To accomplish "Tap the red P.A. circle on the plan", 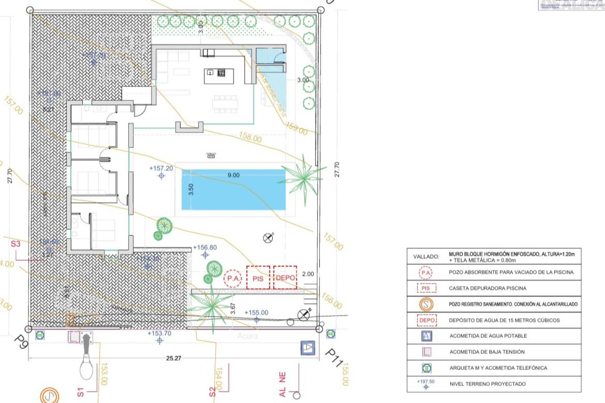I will click(x=233, y=278).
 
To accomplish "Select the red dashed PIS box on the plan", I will click(x=258, y=278).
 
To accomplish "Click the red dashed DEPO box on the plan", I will click(x=285, y=277).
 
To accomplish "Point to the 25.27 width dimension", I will click(x=174, y=358).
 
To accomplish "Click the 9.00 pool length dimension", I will click(x=233, y=175).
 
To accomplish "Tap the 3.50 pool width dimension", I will click(x=191, y=189).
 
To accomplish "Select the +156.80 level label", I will click(x=205, y=247).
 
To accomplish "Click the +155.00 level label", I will click(x=256, y=313).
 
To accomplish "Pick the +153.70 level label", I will click(x=159, y=333).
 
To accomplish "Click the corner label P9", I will click(x=21, y=342).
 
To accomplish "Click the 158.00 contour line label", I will click(x=250, y=137).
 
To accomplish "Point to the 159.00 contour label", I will click(x=297, y=129).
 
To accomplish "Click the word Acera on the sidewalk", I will click(x=247, y=336).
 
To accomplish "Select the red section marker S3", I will click(x=15, y=244).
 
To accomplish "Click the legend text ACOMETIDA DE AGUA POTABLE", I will click(x=488, y=336).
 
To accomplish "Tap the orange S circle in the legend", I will click(x=426, y=304).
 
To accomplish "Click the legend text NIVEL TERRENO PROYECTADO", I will click(x=487, y=384).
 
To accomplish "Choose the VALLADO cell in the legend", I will click(x=426, y=257).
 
